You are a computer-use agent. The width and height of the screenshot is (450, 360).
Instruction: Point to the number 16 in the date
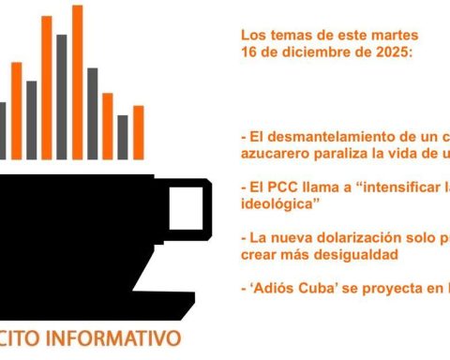[x=248, y=53]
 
